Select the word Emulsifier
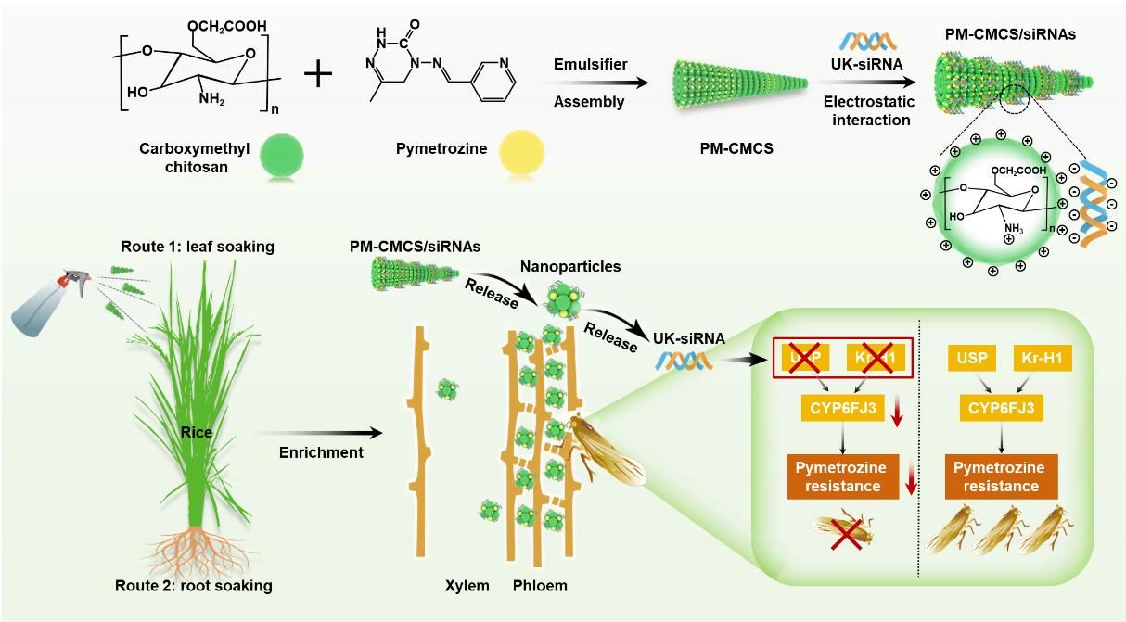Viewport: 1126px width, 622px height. coord(590,64)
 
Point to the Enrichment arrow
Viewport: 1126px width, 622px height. coord(320,433)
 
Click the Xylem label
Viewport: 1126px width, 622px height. coord(467,586)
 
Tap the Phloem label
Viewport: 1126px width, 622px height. coord(540,586)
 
